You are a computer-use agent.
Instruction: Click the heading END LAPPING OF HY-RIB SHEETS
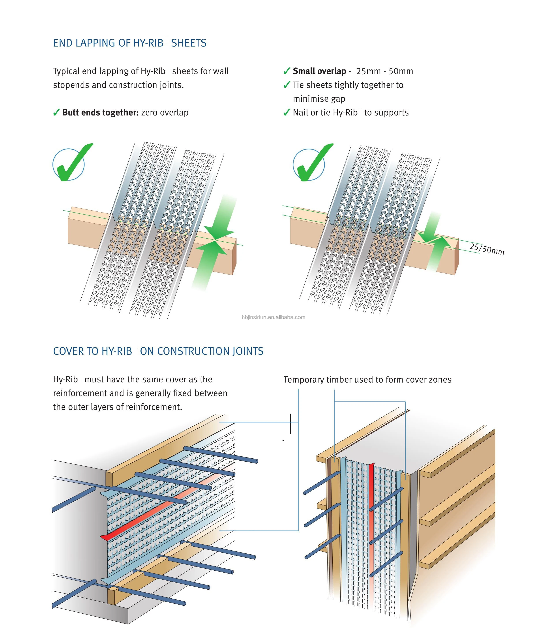pyautogui.click(x=130, y=43)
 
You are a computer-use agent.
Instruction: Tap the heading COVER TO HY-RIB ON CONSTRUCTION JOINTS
pyautogui.click(x=158, y=351)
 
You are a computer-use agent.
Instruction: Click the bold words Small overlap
pyautogui.click(x=319, y=71)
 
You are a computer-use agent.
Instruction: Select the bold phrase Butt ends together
pyautogui.click(x=99, y=112)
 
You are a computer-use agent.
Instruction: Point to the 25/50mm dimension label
pyautogui.click(x=487, y=249)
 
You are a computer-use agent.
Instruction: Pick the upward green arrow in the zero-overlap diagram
pyautogui.click(x=208, y=263)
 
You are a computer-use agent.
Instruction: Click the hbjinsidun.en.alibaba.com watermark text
pyautogui.click(x=273, y=317)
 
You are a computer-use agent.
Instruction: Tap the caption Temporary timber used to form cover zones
pyautogui.click(x=367, y=380)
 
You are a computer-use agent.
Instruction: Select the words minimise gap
pyautogui.click(x=319, y=99)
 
